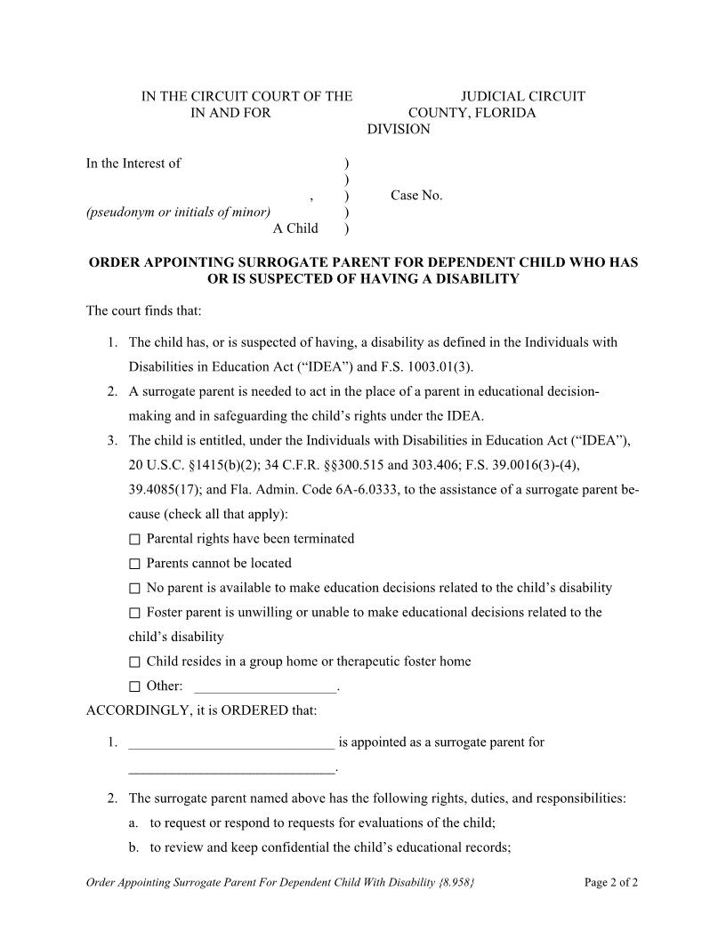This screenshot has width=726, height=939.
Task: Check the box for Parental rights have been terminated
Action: (x=134, y=540)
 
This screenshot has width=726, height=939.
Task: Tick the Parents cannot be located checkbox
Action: (x=134, y=564)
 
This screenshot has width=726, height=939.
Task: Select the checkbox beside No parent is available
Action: (x=134, y=589)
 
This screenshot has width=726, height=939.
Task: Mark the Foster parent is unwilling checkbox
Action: (x=134, y=613)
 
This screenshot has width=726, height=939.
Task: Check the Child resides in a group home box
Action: (x=134, y=662)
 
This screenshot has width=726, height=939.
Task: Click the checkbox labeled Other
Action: (x=134, y=686)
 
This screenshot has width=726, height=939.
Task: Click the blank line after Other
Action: (x=265, y=687)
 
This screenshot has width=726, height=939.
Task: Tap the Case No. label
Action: (x=416, y=196)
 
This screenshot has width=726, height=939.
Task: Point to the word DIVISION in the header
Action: (x=399, y=130)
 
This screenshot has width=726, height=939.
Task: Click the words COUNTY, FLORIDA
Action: (x=472, y=113)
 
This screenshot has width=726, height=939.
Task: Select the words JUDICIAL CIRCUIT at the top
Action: (x=522, y=96)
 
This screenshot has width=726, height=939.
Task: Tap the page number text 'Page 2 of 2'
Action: (x=611, y=883)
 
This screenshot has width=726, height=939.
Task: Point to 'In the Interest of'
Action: (x=133, y=163)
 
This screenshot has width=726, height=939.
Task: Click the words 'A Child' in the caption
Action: (x=295, y=229)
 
